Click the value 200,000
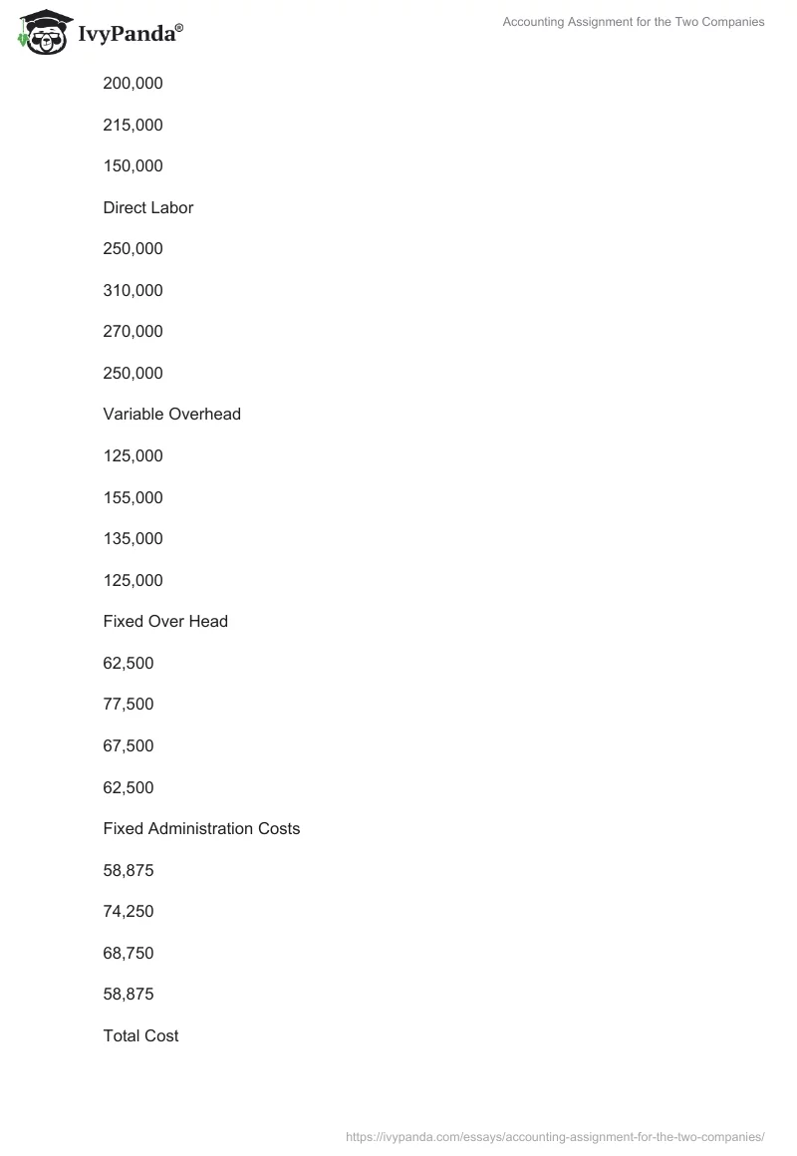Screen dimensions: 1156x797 [x=133, y=84]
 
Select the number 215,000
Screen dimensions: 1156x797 [x=133, y=125]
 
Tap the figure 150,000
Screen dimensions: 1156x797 [x=133, y=166]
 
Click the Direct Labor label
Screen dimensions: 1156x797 [x=147, y=207]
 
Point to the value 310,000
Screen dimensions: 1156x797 [x=133, y=290]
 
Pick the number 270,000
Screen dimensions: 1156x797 [x=133, y=332]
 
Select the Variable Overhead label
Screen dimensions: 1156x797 [x=171, y=414]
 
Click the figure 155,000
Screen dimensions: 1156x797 [x=133, y=497]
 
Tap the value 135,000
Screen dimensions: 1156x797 [x=133, y=538]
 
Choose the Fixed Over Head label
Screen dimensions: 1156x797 [x=165, y=621]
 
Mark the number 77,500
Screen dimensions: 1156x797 [x=129, y=704]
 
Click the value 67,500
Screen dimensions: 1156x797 [x=129, y=745]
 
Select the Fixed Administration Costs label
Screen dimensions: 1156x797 [x=201, y=828]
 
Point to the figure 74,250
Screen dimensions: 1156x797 [x=129, y=911]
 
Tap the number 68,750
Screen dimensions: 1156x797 [x=129, y=953]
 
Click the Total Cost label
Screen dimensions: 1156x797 [x=140, y=1035]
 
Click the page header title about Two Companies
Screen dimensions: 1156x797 [x=634, y=22]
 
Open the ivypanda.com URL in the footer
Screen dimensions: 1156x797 [x=555, y=1136]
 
